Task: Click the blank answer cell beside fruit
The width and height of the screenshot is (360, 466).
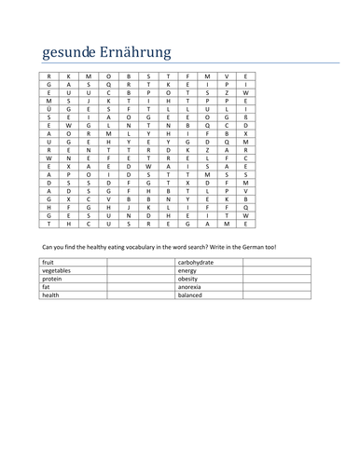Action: coord(140,264)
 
